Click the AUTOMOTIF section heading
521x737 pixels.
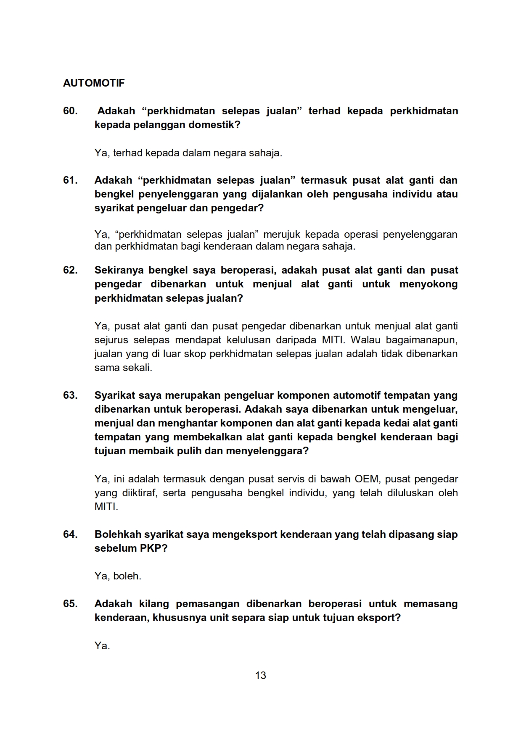point(94,83)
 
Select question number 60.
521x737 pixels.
point(70,111)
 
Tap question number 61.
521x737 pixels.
point(70,180)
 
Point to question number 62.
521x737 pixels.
point(70,270)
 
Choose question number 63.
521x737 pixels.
point(70,395)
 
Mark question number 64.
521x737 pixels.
point(70,534)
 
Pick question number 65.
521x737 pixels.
point(70,604)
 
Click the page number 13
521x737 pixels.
point(260,675)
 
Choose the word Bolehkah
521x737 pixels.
point(118,534)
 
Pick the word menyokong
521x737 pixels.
point(428,284)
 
